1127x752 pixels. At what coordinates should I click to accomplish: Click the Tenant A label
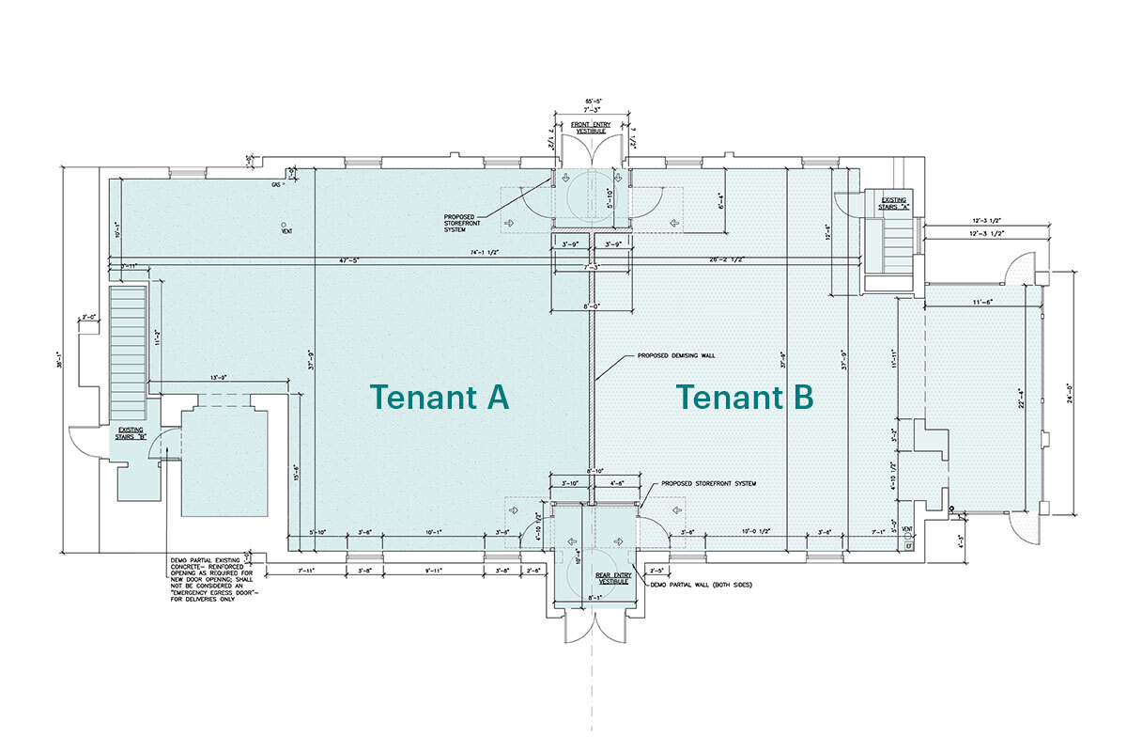click(440, 398)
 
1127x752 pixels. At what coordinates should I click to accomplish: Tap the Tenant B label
click(746, 398)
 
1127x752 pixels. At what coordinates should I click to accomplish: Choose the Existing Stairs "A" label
click(892, 204)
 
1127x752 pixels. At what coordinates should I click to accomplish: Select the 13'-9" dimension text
click(219, 377)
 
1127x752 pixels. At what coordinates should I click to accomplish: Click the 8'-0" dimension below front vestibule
click(591, 305)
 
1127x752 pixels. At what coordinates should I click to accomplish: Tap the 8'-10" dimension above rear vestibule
click(594, 470)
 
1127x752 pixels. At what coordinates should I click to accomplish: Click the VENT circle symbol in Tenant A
click(283, 225)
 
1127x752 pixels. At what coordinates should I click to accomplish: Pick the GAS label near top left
click(276, 185)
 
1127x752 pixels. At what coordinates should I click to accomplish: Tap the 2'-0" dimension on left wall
click(89, 318)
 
